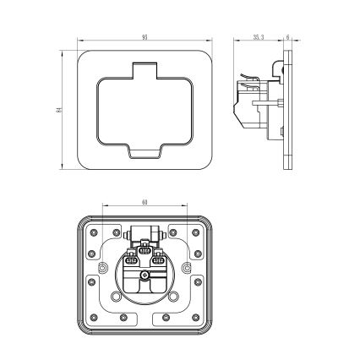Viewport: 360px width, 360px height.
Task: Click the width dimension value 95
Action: pyautogui.click(x=145, y=38)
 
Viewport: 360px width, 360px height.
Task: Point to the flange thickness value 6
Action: pyautogui.click(x=287, y=38)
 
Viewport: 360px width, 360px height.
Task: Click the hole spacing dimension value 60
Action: pyautogui.click(x=145, y=204)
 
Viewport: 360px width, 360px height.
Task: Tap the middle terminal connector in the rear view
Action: pyautogui.click(x=145, y=251)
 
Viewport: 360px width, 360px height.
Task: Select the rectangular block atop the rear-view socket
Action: pyautogui.click(x=145, y=233)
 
